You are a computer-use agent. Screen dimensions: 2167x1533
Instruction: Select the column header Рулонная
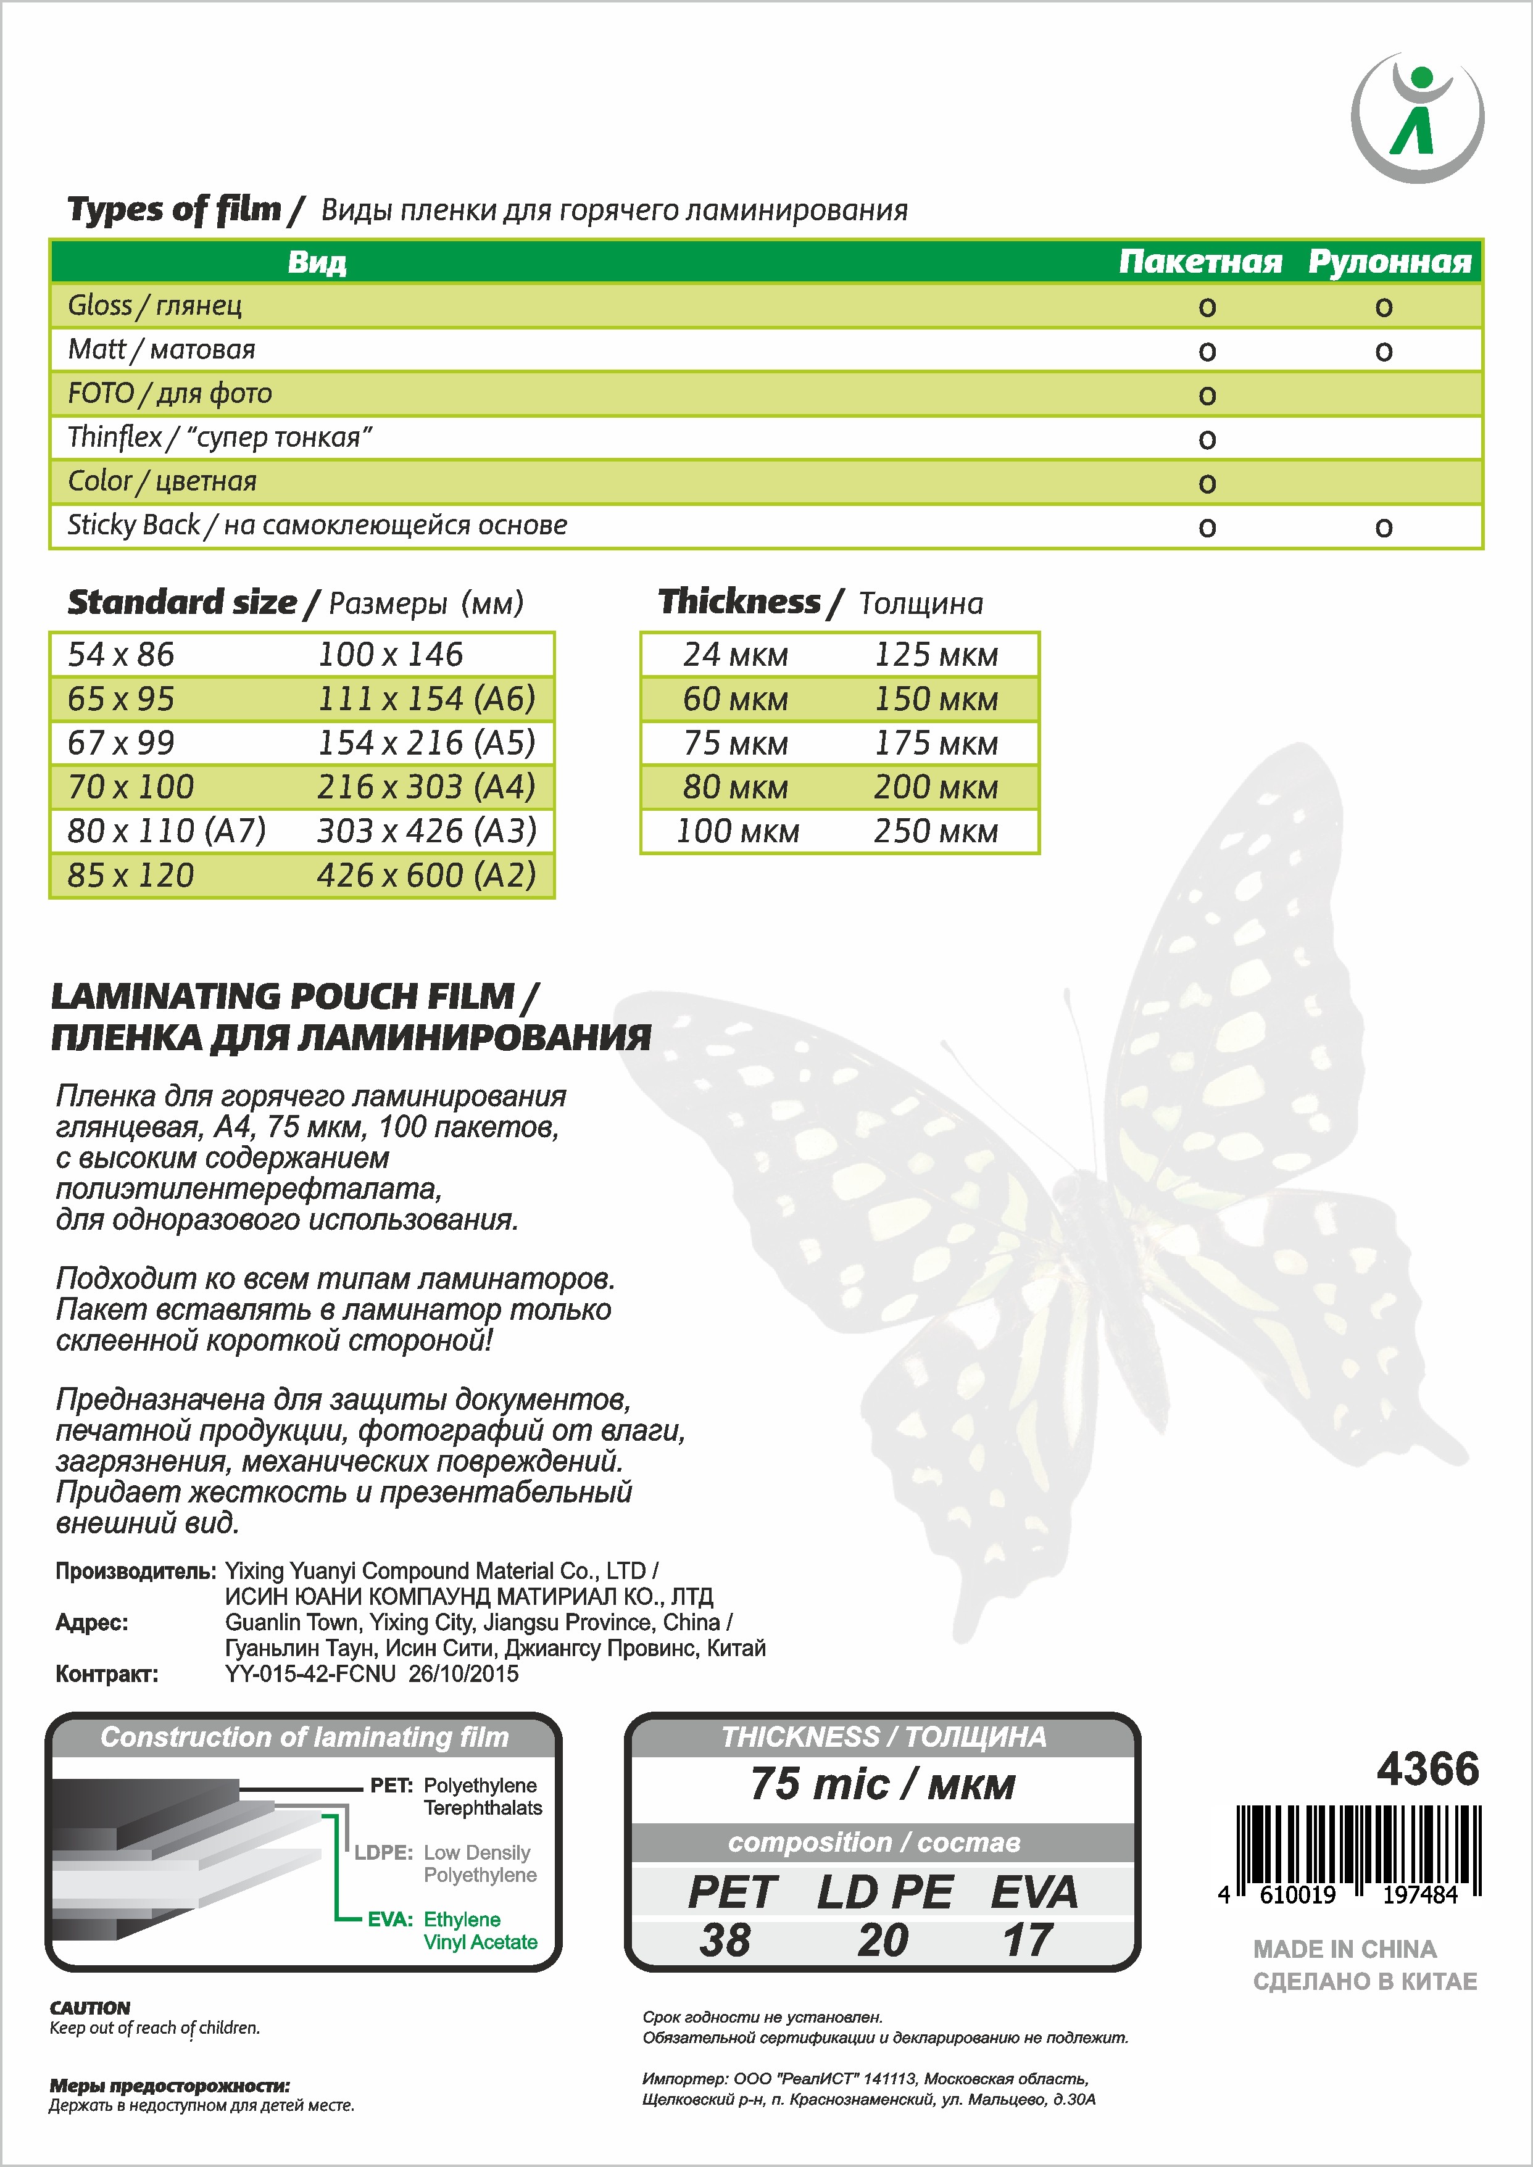pyautogui.click(x=1389, y=262)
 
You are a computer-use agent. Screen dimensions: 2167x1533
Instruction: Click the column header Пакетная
pyautogui.click(x=1200, y=262)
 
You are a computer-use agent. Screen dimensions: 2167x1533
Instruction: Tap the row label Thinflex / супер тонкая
pyautogui.click(x=220, y=437)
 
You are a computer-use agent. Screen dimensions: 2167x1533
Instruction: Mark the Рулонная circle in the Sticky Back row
pyautogui.click(x=1383, y=528)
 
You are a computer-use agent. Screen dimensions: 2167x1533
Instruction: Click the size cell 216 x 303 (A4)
pyautogui.click(x=426, y=786)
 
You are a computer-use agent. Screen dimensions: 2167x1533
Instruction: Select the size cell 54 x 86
pyautogui.click(x=121, y=654)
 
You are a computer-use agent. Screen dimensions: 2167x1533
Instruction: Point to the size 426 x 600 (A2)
pyautogui.click(x=426, y=875)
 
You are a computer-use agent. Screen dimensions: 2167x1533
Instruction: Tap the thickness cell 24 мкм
pyautogui.click(x=736, y=654)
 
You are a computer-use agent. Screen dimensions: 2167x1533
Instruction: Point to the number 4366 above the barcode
pyautogui.click(x=1427, y=1769)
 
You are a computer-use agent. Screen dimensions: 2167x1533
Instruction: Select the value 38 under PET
pyautogui.click(x=725, y=1941)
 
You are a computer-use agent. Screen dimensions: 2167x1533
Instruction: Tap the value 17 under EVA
pyautogui.click(x=1027, y=1941)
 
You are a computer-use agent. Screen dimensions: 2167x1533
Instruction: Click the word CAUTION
pyautogui.click(x=89, y=2007)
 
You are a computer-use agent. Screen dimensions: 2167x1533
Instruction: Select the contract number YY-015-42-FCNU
pyautogui.click(x=310, y=1673)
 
